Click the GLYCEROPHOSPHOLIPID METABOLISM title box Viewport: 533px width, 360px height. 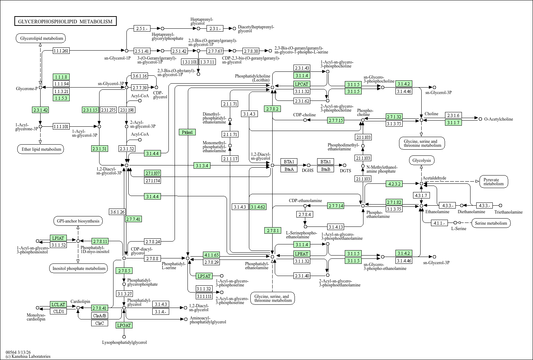[x=65, y=21]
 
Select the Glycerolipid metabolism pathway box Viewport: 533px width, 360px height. [x=41, y=38]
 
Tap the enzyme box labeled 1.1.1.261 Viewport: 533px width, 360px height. [x=61, y=51]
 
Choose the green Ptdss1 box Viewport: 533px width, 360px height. [x=187, y=132]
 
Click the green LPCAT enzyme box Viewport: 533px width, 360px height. [x=302, y=84]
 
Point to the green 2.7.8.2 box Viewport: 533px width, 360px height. [x=273, y=109]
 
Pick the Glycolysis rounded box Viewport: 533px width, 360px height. [x=422, y=160]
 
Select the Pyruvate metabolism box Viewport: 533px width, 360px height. [x=493, y=182]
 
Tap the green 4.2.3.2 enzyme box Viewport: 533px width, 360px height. [x=394, y=184]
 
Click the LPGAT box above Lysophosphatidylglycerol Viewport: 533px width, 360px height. [x=124, y=325]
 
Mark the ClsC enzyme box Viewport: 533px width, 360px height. [x=99, y=323]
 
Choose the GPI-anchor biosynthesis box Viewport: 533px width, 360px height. [x=78, y=221]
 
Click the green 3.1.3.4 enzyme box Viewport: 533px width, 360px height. [x=202, y=165]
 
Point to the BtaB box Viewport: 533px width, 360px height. [x=325, y=169]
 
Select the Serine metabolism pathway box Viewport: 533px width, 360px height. [x=491, y=223]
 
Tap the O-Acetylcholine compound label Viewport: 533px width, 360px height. [x=499, y=119]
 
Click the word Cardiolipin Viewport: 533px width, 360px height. [x=80, y=301]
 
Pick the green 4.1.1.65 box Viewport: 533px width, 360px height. [x=212, y=255]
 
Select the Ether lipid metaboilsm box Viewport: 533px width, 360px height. [x=41, y=149]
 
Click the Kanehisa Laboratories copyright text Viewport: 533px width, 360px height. [x=28, y=356]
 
